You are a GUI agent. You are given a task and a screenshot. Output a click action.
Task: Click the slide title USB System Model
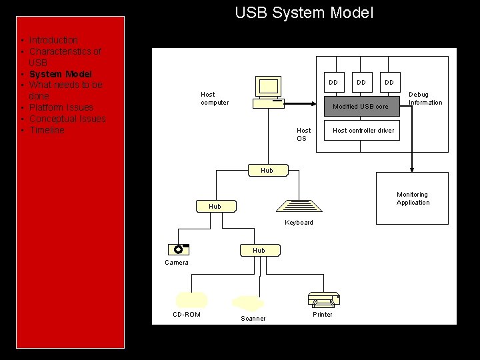304,13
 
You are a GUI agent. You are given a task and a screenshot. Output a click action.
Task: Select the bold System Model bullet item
60,74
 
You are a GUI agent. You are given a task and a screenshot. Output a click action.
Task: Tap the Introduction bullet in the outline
53,40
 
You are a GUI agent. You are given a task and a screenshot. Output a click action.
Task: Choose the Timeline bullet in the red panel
47,130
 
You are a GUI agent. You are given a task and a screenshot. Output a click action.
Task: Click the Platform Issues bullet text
61,107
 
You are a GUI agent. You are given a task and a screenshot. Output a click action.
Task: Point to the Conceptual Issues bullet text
67,119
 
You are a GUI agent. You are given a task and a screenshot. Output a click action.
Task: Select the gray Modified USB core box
361,105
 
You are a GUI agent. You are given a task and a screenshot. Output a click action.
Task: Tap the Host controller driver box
363,130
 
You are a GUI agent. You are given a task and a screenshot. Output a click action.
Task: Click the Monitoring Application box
413,199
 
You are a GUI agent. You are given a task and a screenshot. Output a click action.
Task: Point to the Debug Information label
425,99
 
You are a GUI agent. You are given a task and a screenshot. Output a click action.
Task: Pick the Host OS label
303,135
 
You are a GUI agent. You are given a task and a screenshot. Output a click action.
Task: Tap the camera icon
179,250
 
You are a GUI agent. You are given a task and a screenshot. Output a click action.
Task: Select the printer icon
323,300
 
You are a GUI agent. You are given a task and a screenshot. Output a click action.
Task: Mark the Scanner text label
253,319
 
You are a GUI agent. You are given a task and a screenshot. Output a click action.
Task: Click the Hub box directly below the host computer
267,171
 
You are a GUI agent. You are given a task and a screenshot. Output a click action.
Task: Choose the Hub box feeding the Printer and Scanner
259,250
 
